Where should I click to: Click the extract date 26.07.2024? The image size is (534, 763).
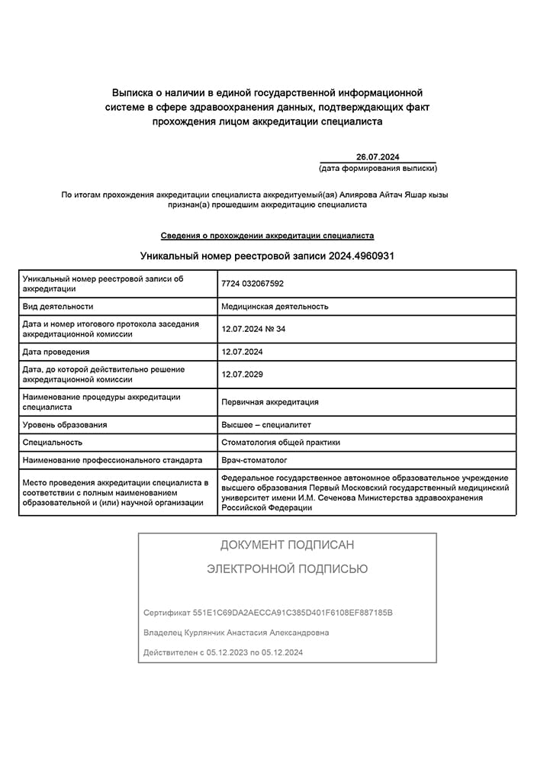tap(378, 156)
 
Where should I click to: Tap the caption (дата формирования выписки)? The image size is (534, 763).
tap(378, 168)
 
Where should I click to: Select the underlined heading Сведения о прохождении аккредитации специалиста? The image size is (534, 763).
tap(267, 236)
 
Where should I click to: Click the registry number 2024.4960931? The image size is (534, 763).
tap(362, 256)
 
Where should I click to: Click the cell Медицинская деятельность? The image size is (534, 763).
tap(275, 306)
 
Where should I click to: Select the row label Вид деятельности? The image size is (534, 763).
tap(58, 306)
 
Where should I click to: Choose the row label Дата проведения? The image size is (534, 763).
tap(56, 352)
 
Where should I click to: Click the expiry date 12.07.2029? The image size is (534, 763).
tap(243, 375)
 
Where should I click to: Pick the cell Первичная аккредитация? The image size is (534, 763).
tap(270, 402)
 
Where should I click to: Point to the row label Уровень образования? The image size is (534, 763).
tap(65, 424)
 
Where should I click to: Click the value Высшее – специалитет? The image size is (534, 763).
tap(266, 424)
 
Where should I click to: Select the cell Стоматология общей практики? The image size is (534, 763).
tap(281, 442)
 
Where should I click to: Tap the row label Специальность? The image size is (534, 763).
tap(53, 442)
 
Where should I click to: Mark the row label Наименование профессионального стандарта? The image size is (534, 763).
tap(112, 460)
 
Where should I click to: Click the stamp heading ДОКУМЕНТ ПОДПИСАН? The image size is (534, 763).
tap(287, 545)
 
